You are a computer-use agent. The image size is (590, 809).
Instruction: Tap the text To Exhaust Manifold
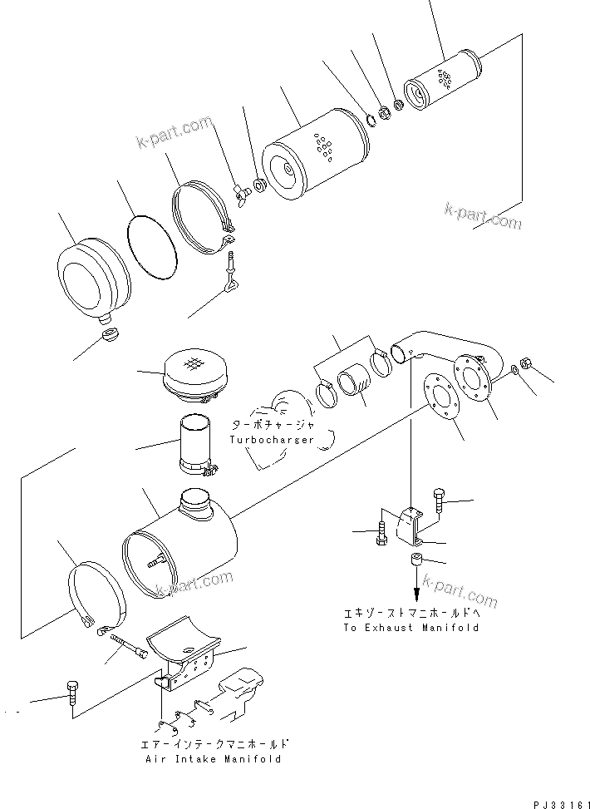coord(411,628)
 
